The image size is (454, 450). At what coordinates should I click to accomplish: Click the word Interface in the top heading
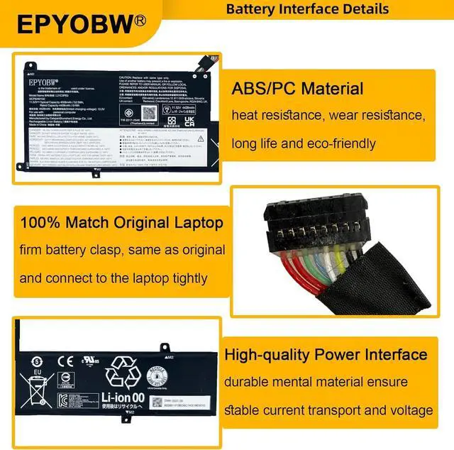[x=310, y=9]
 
